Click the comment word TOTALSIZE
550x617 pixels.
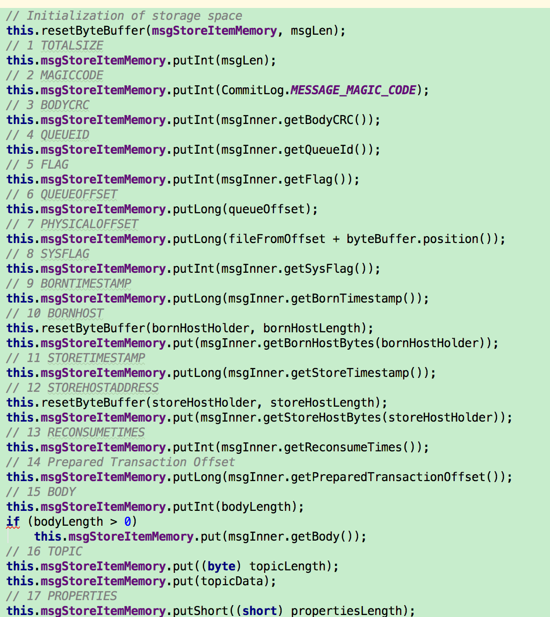[x=72, y=46]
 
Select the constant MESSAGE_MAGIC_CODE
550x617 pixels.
[x=353, y=90]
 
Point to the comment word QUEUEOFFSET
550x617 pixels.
[x=79, y=194]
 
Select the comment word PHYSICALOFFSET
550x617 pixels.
[x=89, y=224]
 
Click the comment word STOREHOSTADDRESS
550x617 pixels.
[x=103, y=388]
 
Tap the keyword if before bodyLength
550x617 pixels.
[x=13, y=522]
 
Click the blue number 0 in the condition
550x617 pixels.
[x=128, y=522]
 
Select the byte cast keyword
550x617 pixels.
[x=221, y=566]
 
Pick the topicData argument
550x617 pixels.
[x=235, y=581]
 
